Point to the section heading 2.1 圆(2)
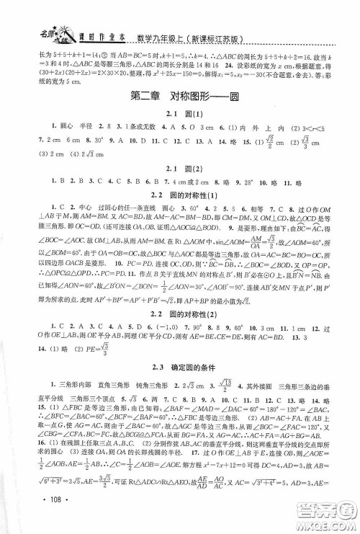[x=179, y=182]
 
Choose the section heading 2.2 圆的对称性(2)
[x=179, y=351]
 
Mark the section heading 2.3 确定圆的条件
[x=179, y=410]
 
